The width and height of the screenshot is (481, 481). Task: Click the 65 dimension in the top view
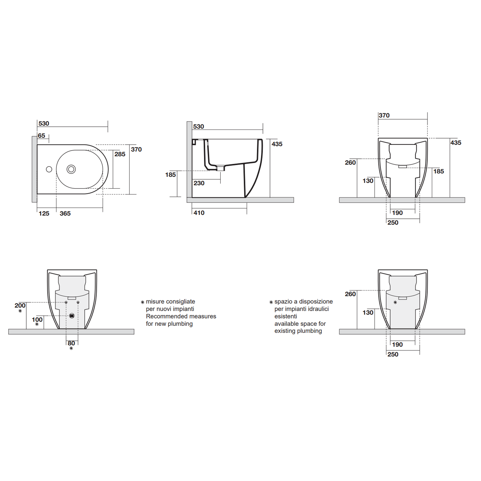click(41, 136)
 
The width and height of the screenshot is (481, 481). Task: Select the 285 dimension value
click(120, 154)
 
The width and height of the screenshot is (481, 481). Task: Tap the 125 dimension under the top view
click(44, 214)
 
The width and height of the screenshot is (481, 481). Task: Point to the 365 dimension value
click(65, 214)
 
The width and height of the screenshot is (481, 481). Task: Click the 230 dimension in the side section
click(199, 183)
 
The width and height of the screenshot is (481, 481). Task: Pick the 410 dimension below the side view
click(199, 213)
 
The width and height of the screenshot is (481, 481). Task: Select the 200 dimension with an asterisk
click(20, 306)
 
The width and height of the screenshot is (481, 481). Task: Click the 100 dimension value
click(37, 320)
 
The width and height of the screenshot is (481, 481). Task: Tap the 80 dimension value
click(71, 343)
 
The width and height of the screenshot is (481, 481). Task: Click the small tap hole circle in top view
click(49, 169)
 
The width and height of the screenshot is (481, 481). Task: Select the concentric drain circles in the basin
click(71, 169)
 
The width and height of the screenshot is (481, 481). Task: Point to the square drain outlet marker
click(72, 316)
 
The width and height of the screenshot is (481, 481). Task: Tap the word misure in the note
click(155, 302)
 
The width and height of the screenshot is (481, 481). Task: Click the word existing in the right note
click(285, 331)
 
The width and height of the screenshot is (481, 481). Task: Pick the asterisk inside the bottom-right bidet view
click(395, 302)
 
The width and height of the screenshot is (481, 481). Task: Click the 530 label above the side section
click(198, 127)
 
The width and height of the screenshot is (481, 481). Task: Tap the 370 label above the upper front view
click(384, 115)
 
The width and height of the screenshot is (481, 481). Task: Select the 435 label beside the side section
click(277, 144)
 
